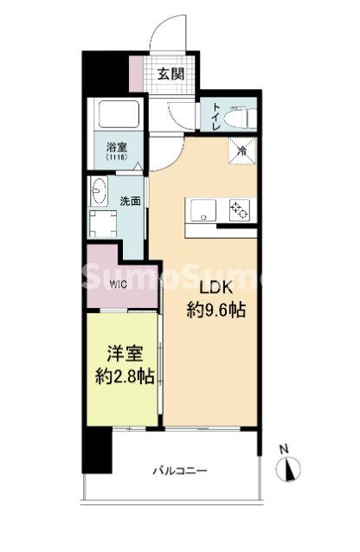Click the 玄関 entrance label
[x=170, y=74]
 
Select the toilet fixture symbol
[x=236, y=115]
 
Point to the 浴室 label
[x=116, y=148]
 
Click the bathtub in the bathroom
[x=117, y=115]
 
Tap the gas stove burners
[x=238, y=209]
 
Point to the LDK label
[x=216, y=288]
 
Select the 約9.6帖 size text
[x=216, y=310]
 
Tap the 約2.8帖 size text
[x=124, y=376]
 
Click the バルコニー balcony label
[x=180, y=472]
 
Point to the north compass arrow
[x=290, y=469]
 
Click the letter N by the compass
[x=283, y=449]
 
